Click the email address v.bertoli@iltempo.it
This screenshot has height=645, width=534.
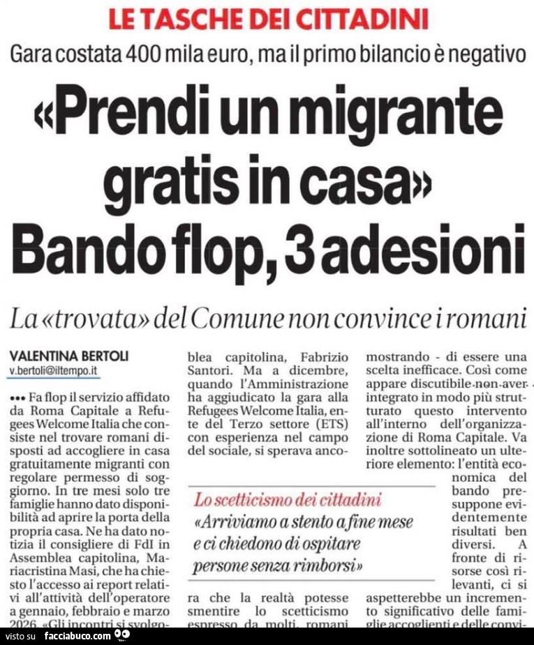(53, 371)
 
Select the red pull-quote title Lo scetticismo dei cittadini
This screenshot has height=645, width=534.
(288, 499)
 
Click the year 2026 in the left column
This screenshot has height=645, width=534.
(27, 623)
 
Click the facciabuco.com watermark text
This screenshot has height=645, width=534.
(77, 636)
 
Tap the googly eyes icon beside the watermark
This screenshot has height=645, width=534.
(122, 635)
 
